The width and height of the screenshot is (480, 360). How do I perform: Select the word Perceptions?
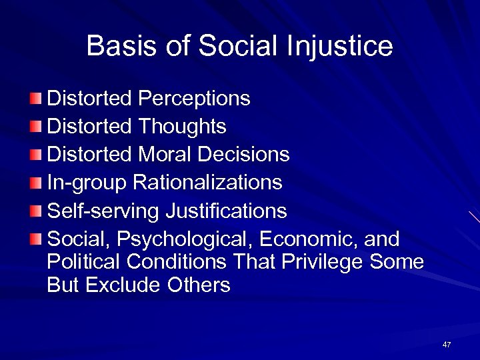pos(194,99)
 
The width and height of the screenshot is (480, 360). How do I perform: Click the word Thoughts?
pos(182,127)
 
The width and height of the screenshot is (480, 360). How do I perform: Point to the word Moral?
pos(165,155)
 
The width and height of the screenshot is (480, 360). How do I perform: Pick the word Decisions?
pos(243,155)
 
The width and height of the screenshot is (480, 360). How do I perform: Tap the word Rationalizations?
pos(207,183)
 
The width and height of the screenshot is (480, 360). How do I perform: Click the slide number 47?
pos(446,345)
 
